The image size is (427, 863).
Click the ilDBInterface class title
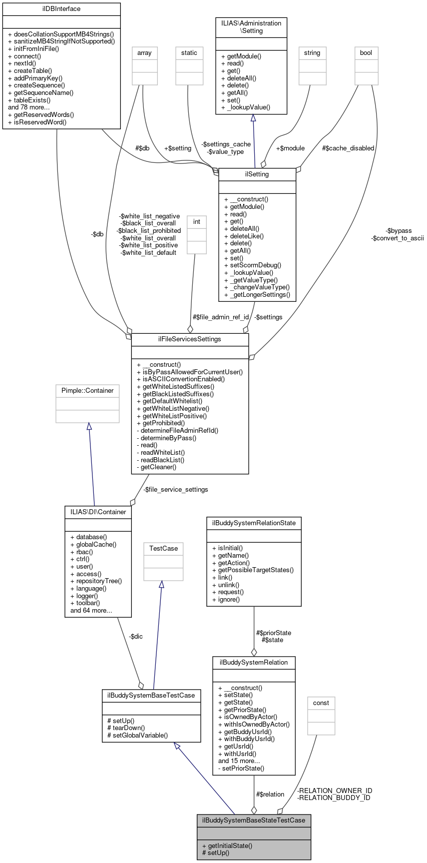(x=61, y=9)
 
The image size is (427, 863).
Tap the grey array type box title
(x=144, y=53)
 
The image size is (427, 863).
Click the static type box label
(x=189, y=53)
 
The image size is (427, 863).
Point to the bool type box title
(x=366, y=53)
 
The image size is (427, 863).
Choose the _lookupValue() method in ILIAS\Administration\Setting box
(x=245, y=107)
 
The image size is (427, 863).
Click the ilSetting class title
(x=257, y=174)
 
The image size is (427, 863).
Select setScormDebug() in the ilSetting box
(x=253, y=265)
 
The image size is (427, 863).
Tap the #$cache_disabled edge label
(x=348, y=148)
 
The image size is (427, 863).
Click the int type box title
(x=197, y=222)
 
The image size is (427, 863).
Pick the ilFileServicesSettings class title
(x=190, y=339)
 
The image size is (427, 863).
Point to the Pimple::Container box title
(x=87, y=391)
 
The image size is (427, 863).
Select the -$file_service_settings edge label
(x=176, y=489)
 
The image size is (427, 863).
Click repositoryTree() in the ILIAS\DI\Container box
(x=96, y=581)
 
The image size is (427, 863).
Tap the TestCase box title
(x=163, y=549)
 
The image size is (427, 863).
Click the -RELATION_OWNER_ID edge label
(x=335, y=791)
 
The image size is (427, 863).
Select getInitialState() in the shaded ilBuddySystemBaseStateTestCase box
(x=227, y=846)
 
